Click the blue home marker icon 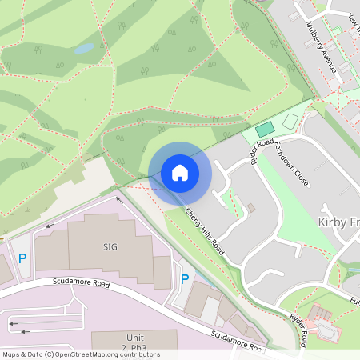[180, 173]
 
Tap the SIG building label [110, 246]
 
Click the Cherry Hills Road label [205, 231]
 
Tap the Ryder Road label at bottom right [299, 329]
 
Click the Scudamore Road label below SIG [81, 282]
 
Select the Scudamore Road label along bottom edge [238, 342]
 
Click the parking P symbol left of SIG [22, 258]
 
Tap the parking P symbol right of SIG [185, 279]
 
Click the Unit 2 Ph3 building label [135, 342]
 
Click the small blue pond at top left [83, 49]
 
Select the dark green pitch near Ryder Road [264, 129]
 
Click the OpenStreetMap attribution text [80, 354]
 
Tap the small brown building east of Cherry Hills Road [250, 208]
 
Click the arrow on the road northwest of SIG [120, 200]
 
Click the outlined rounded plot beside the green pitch [290, 122]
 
